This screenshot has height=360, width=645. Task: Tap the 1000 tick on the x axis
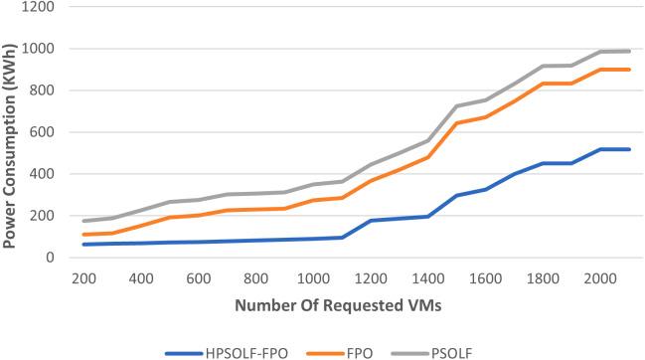click(313, 278)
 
